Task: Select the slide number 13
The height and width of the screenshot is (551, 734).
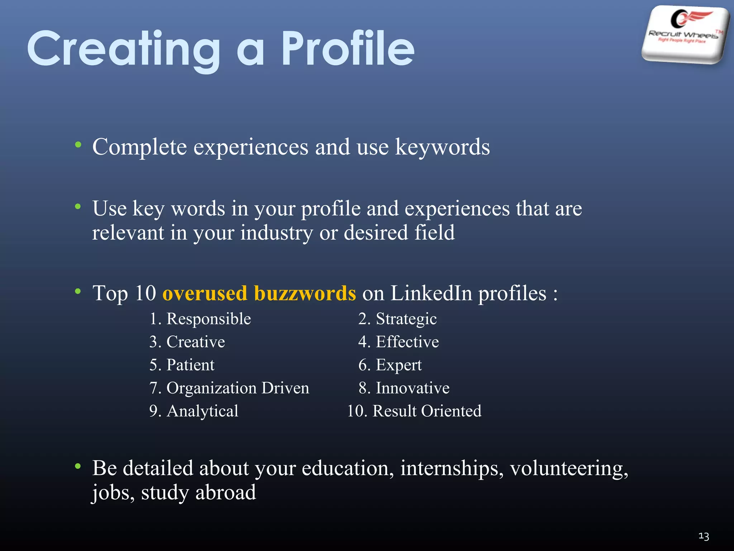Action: [x=704, y=536]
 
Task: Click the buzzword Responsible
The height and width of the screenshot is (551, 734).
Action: [x=209, y=319]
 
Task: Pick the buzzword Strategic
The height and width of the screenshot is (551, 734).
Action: [x=406, y=319]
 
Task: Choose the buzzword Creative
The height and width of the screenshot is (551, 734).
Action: [x=196, y=342]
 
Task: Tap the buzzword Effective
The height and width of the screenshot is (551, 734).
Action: [x=407, y=342]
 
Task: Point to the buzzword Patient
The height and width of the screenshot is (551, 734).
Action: [x=190, y=365]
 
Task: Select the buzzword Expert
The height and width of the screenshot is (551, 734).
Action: [x=399, y=365]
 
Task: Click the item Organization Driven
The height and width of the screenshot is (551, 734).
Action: [x=238, y=388]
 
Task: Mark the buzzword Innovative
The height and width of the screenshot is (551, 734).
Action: [x=413, y=388]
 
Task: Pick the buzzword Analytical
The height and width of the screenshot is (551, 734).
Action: [x=202, y=411]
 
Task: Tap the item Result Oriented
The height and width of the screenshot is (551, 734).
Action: [x=427, y=411]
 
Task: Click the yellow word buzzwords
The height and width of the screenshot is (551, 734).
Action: [x=305, y=293]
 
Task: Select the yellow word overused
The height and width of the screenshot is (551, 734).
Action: [x=205, y=293]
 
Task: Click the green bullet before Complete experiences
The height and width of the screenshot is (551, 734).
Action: [x=78, y=145]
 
